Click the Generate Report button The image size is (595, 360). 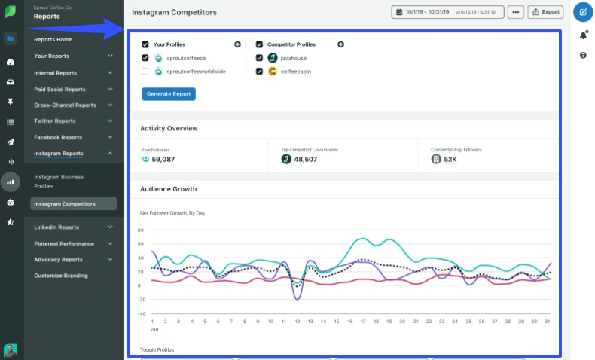click(x=169, y=93)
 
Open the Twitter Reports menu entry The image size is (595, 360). click(x=54, y=121)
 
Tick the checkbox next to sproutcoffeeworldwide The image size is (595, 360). click(x=145, y=72)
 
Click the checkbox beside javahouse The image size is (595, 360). click(x=259, y=58)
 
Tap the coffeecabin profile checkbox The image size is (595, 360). click(x=259, y=72)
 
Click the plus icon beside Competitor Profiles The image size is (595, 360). click(x=340, y=44)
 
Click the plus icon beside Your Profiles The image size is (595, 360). click(x=238, y=44)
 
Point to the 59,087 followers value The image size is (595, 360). click(x=163, y=159)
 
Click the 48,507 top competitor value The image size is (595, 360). click(x=305, y=159)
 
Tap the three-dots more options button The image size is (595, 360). click(x=515, y=12)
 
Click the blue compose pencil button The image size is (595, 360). click(x=583, y=12)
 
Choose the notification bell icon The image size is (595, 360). click(x=583, y=35)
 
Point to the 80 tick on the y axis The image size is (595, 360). click(x=141, y=230)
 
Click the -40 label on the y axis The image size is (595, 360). click(x=140, y=313)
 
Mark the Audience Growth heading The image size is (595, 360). click(x=168, y=189)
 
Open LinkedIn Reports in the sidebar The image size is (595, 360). click(x=56, y=227)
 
